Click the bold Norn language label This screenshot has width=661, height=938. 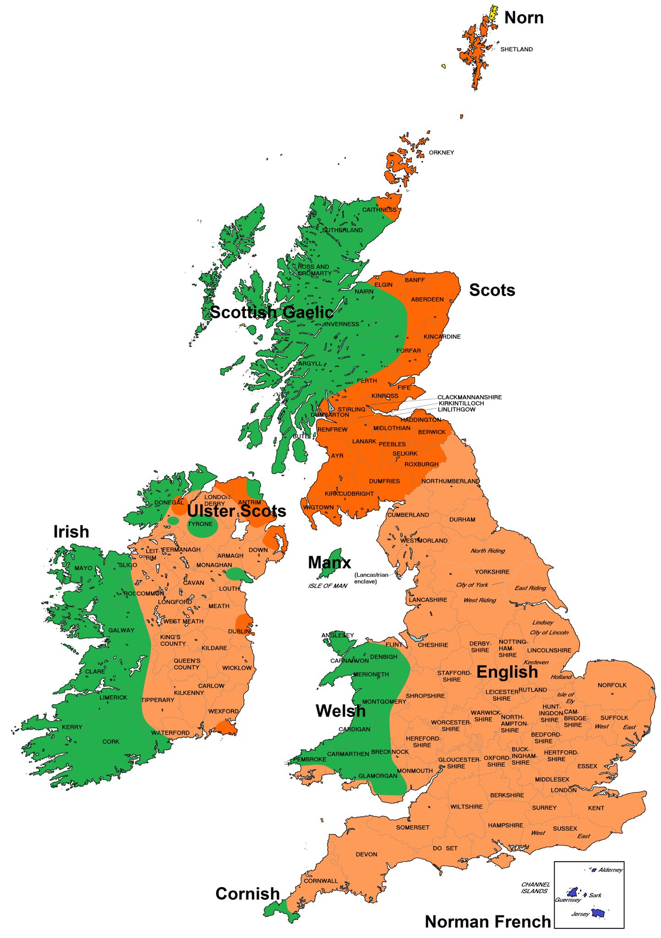click(524, 18)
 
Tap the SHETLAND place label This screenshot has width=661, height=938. click(516, 49)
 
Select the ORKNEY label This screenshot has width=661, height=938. click(441, 153)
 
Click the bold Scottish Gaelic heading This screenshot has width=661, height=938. click(271, 312)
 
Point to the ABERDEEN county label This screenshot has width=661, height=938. click(427, 300)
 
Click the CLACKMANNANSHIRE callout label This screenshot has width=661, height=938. click(469, 397)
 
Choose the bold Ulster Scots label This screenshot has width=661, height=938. click(236, 511)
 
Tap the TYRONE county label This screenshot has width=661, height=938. click(200, 524)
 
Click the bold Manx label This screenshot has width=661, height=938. click(329, 562)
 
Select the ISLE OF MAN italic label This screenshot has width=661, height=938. click(328, 586)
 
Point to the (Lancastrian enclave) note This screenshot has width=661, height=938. click(371, 578)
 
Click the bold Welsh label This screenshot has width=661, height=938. click(340, 711)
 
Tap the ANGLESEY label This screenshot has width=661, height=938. click(338, 635)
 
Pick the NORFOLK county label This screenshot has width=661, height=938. click(612, 685)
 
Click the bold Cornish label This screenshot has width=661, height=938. click(247, 894)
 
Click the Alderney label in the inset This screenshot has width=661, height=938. click(610, 870)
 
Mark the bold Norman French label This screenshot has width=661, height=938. click(487, 922)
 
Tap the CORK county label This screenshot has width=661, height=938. click(111, 742)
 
